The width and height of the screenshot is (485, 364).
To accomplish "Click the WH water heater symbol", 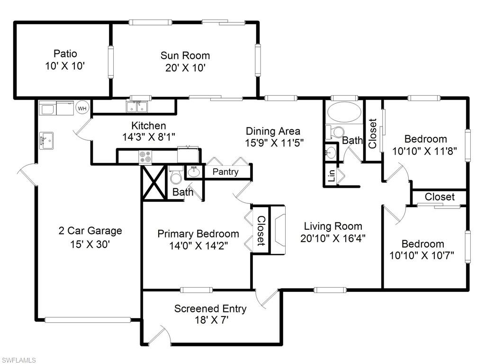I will point(82,109).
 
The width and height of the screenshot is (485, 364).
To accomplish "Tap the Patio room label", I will point(65,54).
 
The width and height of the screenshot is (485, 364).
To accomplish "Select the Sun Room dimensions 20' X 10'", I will point(185,68).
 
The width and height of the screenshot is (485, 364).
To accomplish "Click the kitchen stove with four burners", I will point(145,156).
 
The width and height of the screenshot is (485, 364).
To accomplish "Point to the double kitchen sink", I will point(137,108).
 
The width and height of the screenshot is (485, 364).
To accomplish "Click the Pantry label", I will point(225,172).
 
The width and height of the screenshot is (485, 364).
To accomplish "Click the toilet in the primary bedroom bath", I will point(176,176).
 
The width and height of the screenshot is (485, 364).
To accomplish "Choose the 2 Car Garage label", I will point(90,231).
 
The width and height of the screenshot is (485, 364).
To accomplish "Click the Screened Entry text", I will point(210,309).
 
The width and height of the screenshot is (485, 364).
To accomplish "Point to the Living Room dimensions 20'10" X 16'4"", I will point(333,238).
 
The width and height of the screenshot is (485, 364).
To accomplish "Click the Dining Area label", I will point(273,131).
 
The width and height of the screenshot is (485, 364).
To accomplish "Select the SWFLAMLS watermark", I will point(19,360).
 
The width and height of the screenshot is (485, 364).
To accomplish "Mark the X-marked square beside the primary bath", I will point(154,183).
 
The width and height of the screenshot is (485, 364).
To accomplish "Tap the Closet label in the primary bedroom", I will point(260,230).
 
